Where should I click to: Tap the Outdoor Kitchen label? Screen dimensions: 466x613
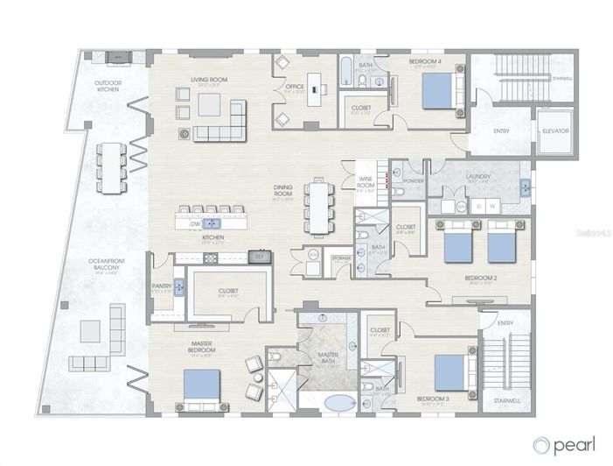click(x=108, y=87)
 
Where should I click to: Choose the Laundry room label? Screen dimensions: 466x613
click(x=477, y=176)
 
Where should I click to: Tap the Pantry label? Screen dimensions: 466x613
click(x=162, y=286)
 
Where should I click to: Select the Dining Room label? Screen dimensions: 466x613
click(x=282, y=196)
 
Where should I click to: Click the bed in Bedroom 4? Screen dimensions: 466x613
click(x=437, y=90)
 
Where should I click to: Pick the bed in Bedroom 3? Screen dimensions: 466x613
click(x=443, y=371)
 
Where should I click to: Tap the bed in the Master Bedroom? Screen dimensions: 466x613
click(x=202, y=385)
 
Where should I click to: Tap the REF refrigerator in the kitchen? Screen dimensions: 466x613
click(x=258, y=257)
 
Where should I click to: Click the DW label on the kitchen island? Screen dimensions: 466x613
click(x=196, y=224)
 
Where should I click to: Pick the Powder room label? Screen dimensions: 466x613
click(x=414, y=181)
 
